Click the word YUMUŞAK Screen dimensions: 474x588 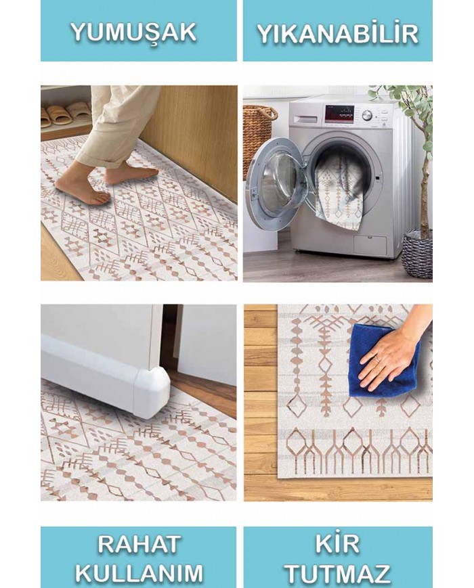(134, 32)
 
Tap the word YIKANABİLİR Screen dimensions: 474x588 (337, 33)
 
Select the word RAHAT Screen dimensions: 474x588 (139, 545)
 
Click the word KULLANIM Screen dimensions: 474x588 (139, 573)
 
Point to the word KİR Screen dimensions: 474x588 (337, 543)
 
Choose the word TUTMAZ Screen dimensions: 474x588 (337, 573)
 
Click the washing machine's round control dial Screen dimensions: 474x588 (368, 115)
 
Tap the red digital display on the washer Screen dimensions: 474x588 (339, 114)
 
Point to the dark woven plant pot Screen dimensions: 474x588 (418, 254)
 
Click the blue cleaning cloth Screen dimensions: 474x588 (384, 359)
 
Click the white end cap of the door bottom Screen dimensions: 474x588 (151, 392)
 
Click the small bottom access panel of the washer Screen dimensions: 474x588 (370, 244)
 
